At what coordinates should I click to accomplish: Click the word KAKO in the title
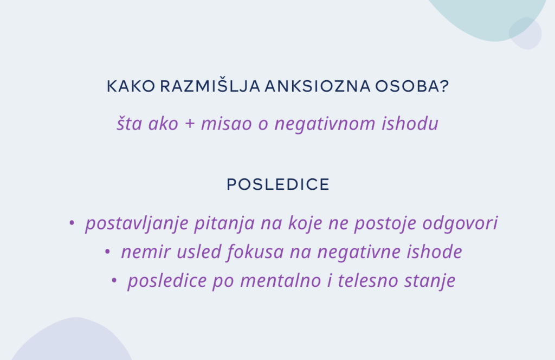point(131,86)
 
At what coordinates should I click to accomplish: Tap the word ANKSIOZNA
point(318,86)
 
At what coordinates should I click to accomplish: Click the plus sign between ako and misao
point(190,124)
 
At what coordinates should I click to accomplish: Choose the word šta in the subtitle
point(129,124)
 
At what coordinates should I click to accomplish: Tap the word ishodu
point(410,124)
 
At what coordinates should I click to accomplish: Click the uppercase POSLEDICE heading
point(278,184)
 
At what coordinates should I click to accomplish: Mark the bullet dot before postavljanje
point(72,223)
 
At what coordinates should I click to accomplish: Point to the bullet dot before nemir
point(107,252)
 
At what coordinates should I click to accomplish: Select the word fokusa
point(255,252)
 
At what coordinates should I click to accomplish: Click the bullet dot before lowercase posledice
point(114,280)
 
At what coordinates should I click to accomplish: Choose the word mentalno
point(281,280)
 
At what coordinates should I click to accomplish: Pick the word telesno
point(368,280)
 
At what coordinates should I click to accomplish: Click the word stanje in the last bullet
point(430,281)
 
